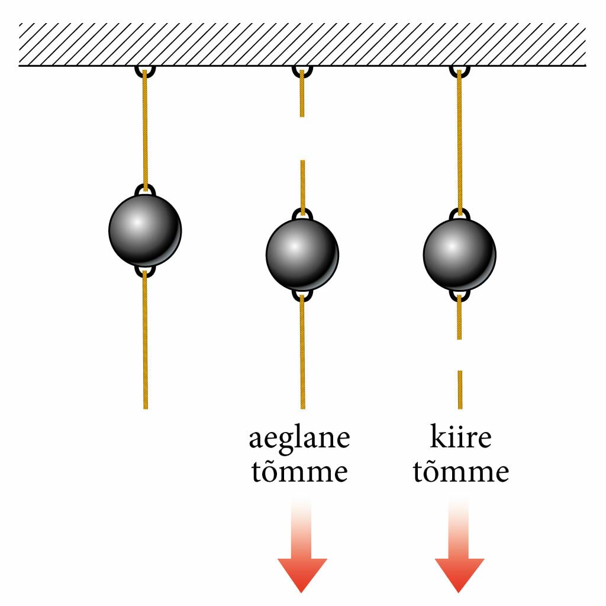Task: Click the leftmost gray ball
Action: [145, 230]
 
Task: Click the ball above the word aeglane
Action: [302, 254]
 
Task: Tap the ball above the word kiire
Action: [459, 254]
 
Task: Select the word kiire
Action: [460, 438]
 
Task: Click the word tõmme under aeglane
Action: [299, 472]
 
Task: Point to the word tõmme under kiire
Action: [460, 472]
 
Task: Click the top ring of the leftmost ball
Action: [145, 189]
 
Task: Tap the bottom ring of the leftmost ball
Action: [145, 272]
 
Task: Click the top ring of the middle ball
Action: [302, 214]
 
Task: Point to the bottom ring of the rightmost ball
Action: [459, 295]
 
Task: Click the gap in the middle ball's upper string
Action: [302, 138]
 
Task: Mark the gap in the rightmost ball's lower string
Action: [459, 354]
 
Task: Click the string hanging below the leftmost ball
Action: [145, 343]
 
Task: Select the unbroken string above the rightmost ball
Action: [459, 142]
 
